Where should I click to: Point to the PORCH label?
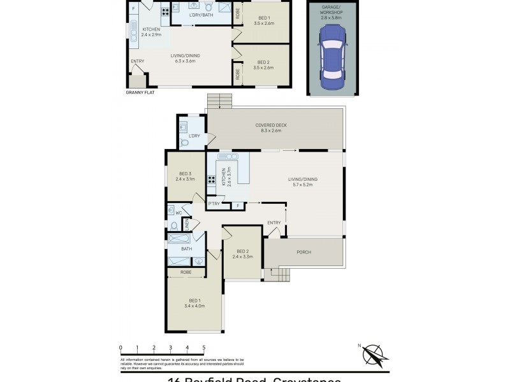coord(304,252)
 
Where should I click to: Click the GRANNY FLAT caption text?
coord(140,92)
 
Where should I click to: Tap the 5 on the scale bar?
coord(204,348)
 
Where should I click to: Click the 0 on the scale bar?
coord(120,348)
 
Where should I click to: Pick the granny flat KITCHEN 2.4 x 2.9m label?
coord(151,32)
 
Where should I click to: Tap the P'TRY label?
coord(214,204)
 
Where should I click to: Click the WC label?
coord(179,213)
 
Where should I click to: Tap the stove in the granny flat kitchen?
coord(165,11)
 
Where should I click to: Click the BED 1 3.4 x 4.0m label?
coord(194,303)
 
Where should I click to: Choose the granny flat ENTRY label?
coord(137,61)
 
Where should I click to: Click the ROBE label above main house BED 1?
coord(186,272)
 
